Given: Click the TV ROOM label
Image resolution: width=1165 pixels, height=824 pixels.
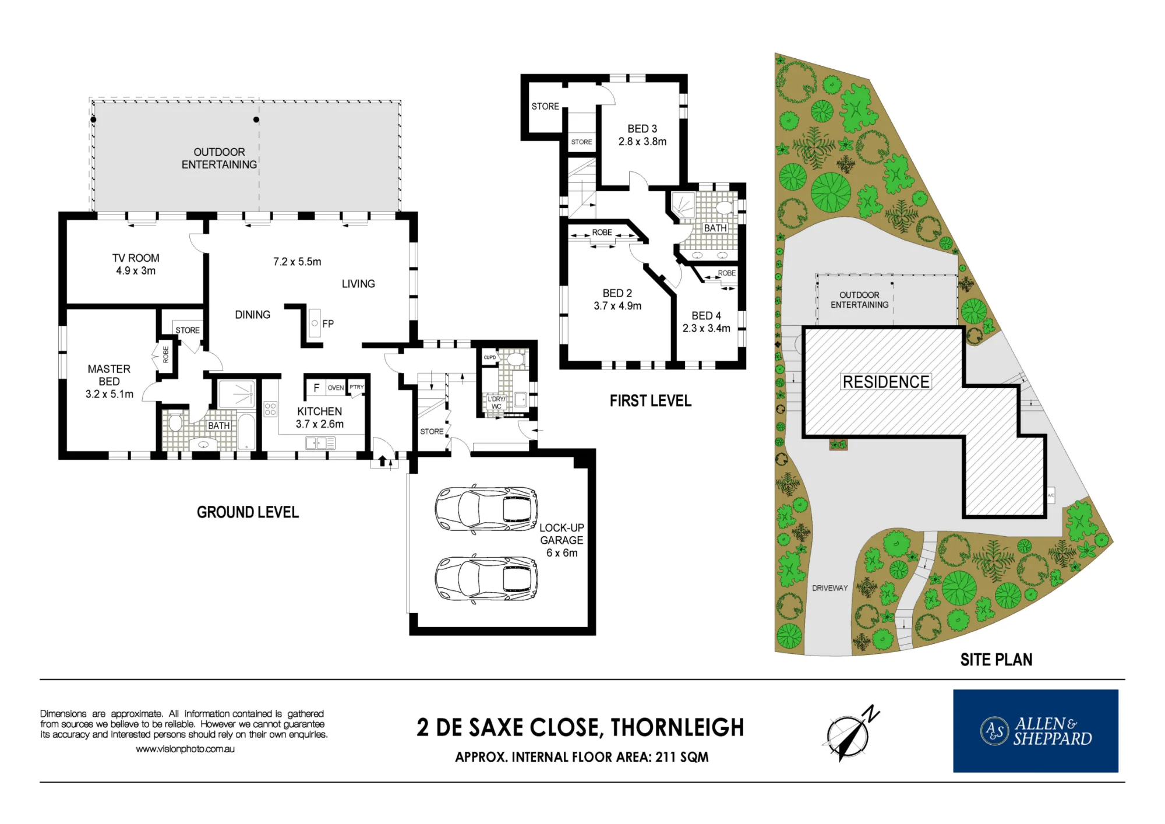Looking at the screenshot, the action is tap(136, 258).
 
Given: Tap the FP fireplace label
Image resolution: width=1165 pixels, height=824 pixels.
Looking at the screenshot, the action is tap(328, 323).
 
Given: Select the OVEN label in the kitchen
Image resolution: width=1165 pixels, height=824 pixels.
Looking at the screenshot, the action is tap(336, 388).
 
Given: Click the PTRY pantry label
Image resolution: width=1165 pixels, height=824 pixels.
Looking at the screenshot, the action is tap(356, 387).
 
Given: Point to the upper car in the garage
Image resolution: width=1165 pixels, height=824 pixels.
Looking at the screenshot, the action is tap(486, 509).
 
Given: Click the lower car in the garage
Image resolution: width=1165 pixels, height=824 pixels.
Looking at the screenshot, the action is tap(486, 579).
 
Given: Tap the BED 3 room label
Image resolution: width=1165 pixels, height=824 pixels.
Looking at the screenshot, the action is tap(642, 129).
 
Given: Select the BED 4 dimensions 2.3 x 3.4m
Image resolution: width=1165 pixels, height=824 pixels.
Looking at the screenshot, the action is tap(706, 328).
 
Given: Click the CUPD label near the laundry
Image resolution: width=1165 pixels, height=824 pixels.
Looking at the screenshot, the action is tap(490, 357).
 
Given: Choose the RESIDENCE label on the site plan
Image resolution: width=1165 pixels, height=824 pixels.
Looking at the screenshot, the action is tap(886, 382).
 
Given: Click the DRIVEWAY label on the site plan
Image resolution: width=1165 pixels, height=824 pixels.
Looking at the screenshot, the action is tap(830, 588).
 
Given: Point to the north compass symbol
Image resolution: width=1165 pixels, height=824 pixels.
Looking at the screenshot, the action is tap(850, 733).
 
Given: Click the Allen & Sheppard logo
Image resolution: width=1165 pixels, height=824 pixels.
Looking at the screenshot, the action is tap(1036, 731).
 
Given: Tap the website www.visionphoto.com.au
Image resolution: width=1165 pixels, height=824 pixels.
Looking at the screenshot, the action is tap(185, 749).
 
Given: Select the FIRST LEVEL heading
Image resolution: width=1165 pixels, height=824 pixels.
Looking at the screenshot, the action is tap(651, 401).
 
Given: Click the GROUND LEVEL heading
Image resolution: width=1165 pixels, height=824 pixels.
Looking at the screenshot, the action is tap(248, 512).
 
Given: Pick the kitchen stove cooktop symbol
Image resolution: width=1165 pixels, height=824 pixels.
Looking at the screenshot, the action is tap(270, 409).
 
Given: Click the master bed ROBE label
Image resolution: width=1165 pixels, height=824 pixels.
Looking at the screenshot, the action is tap(165, 354).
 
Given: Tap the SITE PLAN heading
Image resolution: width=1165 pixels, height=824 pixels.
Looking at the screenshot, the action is tap(996, 660).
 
